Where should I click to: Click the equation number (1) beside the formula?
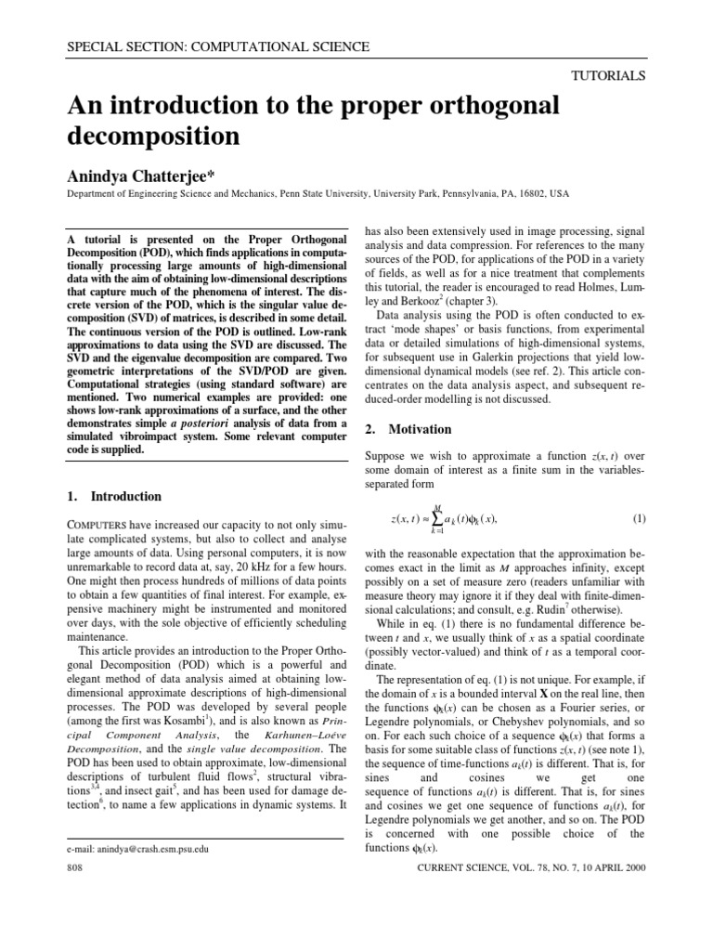638,517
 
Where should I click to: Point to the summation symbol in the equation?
451,518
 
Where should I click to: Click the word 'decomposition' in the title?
154,136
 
